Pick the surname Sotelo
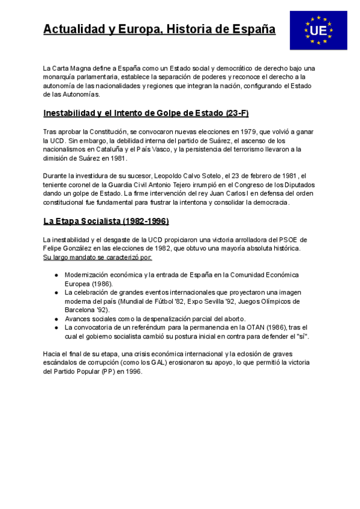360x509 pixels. click(x=209, y=176)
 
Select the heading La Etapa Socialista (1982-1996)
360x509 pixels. click(x=106, y=221)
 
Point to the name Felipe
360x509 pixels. click(x=53, y=248)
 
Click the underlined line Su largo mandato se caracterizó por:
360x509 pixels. click(x=98, y=257)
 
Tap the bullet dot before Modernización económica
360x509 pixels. click(x=56, y=275)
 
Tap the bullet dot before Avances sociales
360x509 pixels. click(x=56, y=319)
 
